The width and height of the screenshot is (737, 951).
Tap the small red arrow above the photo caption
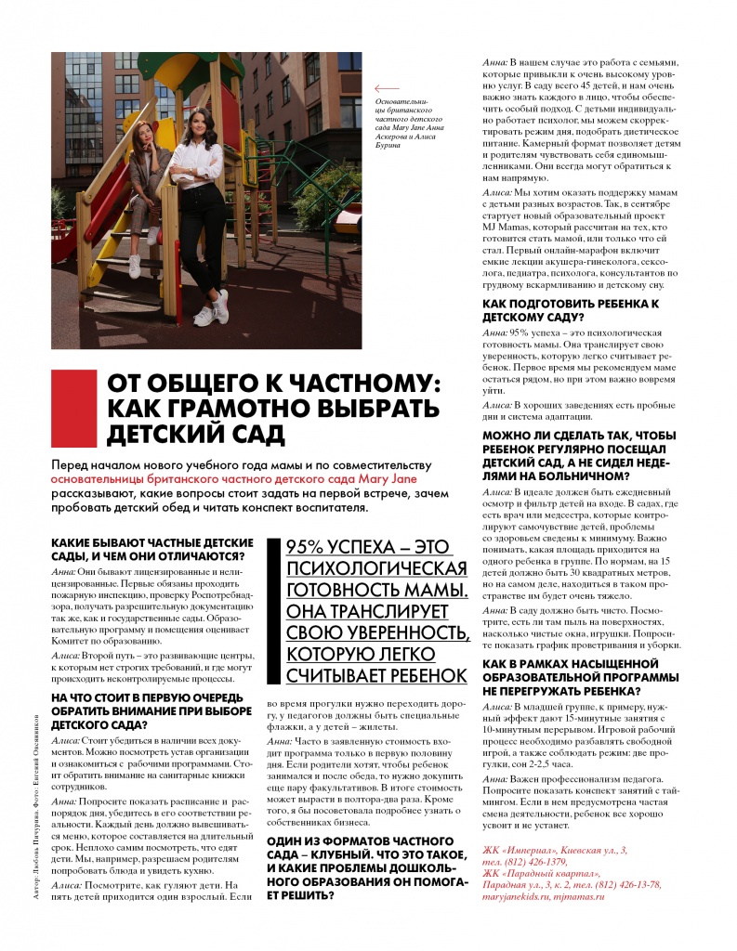point(386,88)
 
